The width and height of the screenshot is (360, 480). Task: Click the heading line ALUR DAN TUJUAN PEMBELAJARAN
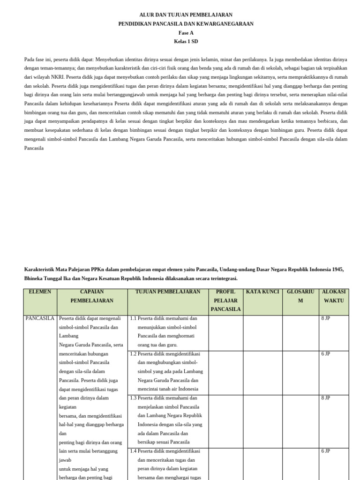pos(186,15)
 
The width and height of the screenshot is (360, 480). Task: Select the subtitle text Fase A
pos(186,33)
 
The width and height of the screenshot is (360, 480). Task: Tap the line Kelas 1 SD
pos(186,42)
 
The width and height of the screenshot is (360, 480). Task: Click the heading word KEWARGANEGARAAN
pos(224,24)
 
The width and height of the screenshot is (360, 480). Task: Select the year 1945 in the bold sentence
pos(337,270)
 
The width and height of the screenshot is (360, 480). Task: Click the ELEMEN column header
pos(40,292)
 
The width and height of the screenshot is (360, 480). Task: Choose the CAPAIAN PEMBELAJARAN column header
pos(92,296)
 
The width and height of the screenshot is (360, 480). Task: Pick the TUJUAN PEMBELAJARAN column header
pos(167,292)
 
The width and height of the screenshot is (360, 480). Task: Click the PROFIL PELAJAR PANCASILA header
pos(225,300)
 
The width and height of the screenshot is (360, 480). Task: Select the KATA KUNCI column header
pos(262,292)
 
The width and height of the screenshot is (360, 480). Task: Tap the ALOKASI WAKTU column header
pos(334,296)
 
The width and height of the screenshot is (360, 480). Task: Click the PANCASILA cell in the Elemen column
pos(40,318)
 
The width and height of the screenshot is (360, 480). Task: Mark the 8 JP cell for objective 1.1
pos(326,318)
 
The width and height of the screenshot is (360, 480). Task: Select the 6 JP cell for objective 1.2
pos(326,354)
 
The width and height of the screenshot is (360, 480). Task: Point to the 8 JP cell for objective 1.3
pos(326,398)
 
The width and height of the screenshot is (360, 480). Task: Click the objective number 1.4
pos(134,451)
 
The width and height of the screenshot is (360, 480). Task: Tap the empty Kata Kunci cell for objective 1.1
pos(262,333)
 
